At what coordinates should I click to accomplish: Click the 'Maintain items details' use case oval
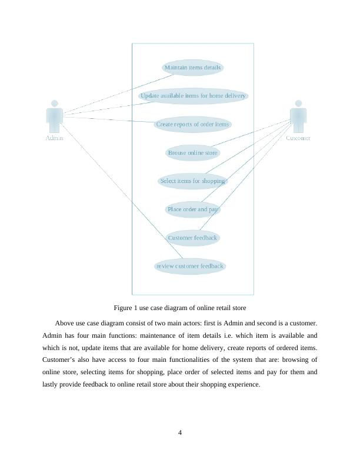point(192,68)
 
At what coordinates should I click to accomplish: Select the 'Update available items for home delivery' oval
point(192,96)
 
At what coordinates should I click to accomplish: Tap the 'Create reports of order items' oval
point(192,125)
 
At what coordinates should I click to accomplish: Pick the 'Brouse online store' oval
point(192,153)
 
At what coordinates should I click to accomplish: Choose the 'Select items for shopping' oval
point(192,181)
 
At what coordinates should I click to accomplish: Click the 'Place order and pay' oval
point(192,209)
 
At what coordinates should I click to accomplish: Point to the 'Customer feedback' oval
point(192,238)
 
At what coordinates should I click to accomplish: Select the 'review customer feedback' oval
point(190,266)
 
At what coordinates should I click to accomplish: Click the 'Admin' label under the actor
point(55,138)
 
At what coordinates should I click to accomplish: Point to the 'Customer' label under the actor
point(298,138)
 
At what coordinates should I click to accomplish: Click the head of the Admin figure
point(55,103)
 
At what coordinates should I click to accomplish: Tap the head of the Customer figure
point(298,103)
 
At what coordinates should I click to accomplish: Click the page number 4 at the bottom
point(180,433)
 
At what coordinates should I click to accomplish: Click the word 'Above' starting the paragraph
point(65,323)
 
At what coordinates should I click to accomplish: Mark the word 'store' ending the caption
point(238,308)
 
